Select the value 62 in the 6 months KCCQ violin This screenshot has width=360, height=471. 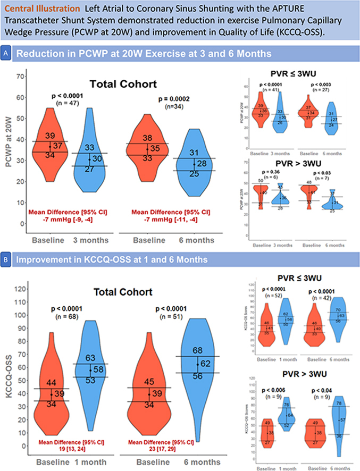click(x=206, y=364)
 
